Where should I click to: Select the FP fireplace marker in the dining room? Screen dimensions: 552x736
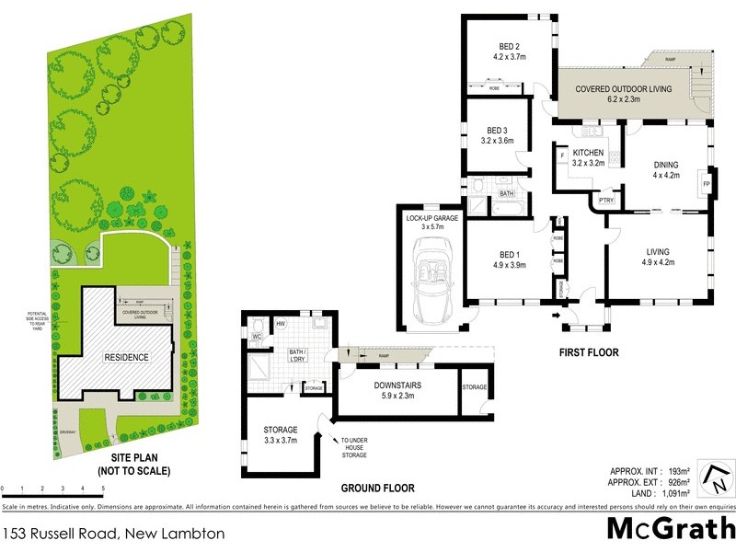[x=707, y=184]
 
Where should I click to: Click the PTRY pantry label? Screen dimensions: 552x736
[x=605, y=201]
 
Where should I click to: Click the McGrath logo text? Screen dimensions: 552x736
[x=669, y=528]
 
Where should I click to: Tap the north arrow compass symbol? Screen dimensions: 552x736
[x=716, y=477]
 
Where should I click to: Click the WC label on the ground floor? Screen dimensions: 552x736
[x=257, y=338]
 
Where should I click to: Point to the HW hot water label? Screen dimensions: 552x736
[x=280, y=323]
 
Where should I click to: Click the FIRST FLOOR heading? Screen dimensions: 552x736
[x=589, y=352]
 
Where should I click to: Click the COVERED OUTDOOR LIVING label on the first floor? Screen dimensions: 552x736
[x=624, y=89]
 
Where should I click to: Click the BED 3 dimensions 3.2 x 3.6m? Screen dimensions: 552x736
[x=497, y=141]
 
